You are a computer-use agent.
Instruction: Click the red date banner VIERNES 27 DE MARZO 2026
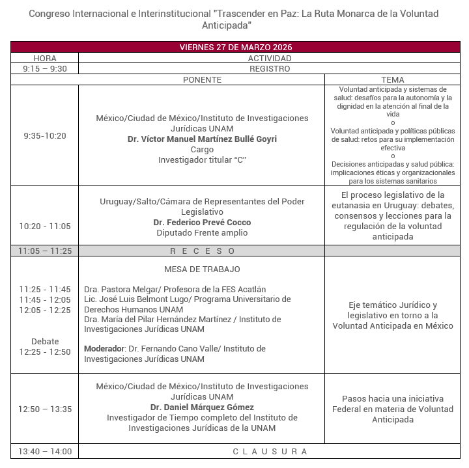tap(235, 48)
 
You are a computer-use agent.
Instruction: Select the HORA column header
tap(44, 58)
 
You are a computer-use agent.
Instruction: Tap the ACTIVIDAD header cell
tap(270, 58)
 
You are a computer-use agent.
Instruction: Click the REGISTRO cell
tap(270, 68)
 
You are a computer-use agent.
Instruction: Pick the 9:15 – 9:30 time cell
tap(44, 68)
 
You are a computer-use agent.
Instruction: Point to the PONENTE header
tap(202, 79)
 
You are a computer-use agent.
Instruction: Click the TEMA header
tap(393, 79)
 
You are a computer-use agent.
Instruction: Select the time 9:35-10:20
tap(44, 136)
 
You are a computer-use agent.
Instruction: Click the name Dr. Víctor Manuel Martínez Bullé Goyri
tap(202, 139)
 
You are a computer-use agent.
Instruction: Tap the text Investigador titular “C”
tap(202, 160)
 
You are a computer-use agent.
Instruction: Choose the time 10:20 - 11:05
tap(44, 227)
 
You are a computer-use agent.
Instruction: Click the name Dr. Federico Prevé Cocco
tap(202, 223)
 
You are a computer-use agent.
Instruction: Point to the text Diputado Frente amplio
tap(202, 233)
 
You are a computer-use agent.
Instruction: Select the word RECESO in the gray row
tap(202, 251)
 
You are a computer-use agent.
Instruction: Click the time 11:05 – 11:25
tap(44, 251)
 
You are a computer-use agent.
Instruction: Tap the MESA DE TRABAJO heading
tap(202, 269)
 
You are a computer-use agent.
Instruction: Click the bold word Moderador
tap(104, 349)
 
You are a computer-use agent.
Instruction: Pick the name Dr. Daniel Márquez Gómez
tap(202, 407)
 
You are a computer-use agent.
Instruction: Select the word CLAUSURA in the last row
tap(270, 451)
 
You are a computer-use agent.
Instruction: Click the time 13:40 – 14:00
tap(44, 451)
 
